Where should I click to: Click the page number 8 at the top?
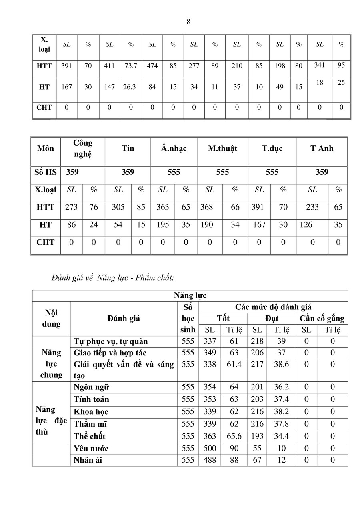coord(188,22)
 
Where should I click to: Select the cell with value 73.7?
coord(131,66)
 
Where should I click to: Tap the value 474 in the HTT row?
coord(152,66)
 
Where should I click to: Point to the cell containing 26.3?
coord(131,87)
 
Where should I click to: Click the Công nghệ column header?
coord(83,148)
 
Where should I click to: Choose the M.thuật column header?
coord(222,148)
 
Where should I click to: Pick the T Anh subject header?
coord(322,148)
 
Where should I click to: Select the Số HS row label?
coord(46,172)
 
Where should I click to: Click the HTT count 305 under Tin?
coord(118,207)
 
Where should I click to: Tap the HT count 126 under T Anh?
coord(306,225)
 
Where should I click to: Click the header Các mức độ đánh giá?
coord(273,307)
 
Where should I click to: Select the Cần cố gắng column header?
coord(322,319)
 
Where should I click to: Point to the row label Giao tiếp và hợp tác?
coord(110,353)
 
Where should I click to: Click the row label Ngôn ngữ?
coord(92,387)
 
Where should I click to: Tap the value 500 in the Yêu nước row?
coord(210,449)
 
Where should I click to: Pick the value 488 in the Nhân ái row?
coord(210,460)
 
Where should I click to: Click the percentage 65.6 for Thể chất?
coord(234,436)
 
